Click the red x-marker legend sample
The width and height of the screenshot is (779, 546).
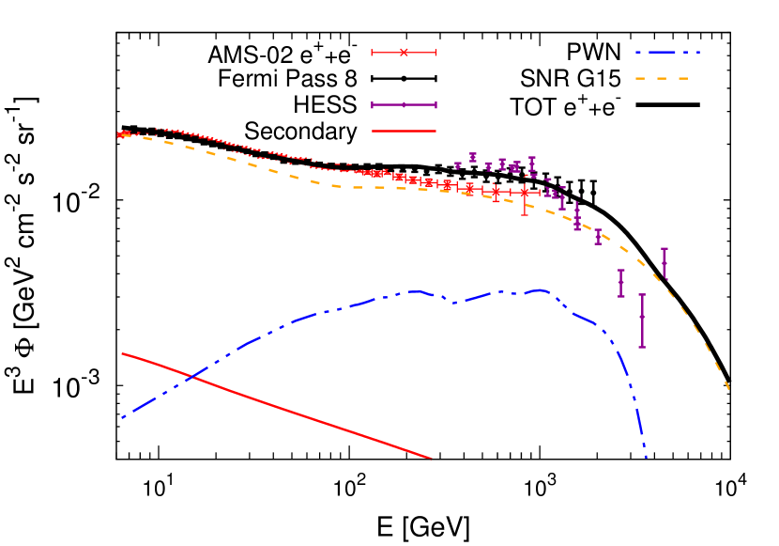click(404, 53)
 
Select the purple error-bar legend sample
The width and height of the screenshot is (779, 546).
click(404, 105)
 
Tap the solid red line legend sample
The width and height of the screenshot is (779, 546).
click(404, 131)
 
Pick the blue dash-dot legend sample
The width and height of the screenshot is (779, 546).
click(667, 53)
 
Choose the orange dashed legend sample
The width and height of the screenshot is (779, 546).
click(663, 79)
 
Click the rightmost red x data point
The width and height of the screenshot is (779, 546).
click(525, 192)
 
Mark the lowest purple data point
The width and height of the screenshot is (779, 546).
click(642, 318)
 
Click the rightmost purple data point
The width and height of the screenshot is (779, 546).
click(664, 262)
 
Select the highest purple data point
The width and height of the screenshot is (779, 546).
click(473, 157)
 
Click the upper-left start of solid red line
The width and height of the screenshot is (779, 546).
click(123, 353)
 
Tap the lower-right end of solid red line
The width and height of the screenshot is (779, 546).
click(430, 459)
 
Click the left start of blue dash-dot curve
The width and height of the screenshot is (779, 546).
click(123, 417)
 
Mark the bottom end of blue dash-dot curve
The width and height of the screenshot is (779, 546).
click(646, 457)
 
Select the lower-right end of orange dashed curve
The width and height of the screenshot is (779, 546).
click(728, 388)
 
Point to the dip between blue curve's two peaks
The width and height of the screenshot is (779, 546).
click(455, 303)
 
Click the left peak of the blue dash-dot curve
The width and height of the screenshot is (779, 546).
click(413, 291)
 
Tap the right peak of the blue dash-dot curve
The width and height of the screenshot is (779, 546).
click(540, 290)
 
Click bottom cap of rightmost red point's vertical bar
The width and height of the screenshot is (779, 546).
click(525, 214)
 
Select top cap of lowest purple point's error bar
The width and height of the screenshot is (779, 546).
click(642, 295)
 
